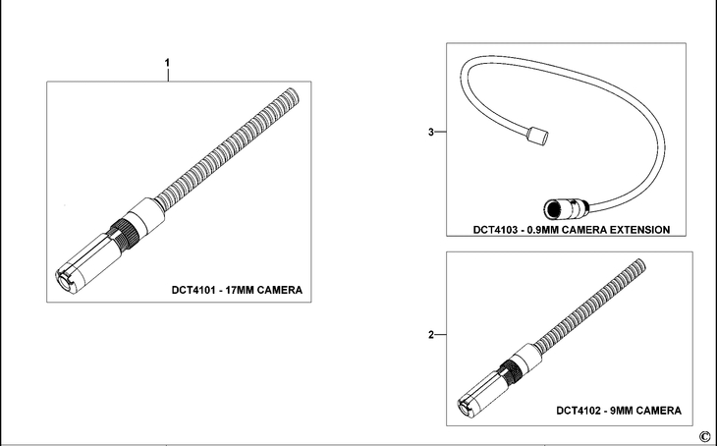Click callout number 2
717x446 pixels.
(x=431, y=335)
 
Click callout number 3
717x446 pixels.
(x=431, y=132)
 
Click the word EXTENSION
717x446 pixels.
(x=635, y=229)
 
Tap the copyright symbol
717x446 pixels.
(x=703, y=436)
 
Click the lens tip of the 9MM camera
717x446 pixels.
(x=466, y=405)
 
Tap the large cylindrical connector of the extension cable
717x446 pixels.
(x=564, y=207)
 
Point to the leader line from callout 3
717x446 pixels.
(x=441, y=132)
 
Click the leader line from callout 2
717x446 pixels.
(x=441, y=335)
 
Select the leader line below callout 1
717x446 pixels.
(x=168, y=77)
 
